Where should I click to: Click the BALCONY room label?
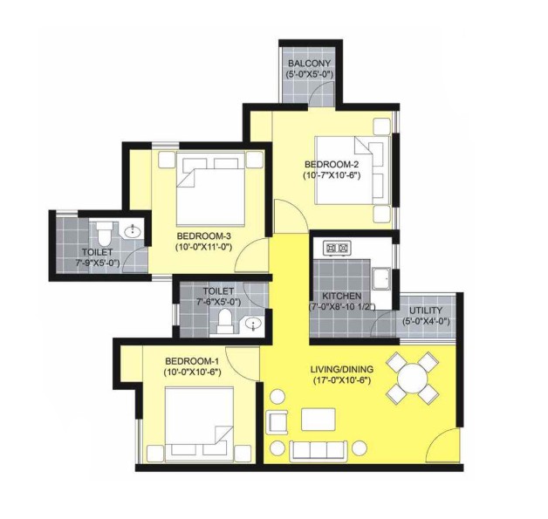point(309,64)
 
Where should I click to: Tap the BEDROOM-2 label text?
point(332,164)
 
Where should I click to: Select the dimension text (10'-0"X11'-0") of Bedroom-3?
point(203,247)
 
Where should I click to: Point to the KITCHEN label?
point(341,297)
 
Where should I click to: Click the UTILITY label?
point(426,311)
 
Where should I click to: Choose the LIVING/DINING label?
point(342,369)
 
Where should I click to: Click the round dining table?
point(413,379)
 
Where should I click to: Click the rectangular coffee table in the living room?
point(319,420)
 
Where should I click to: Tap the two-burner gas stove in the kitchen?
point(337,248)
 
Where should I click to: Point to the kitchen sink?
point(381,279)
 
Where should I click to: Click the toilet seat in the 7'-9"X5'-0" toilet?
point(104,234)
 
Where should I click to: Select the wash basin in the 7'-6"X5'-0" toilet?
point(253,324)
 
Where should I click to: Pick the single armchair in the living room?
point(277,422)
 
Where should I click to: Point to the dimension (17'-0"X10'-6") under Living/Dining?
point(342,380)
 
